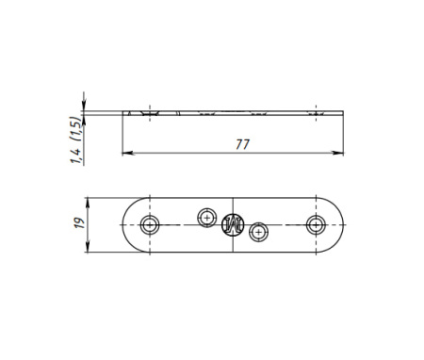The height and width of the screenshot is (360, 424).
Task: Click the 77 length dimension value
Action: click(242, 144)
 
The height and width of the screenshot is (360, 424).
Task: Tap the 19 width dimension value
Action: click(79, 222)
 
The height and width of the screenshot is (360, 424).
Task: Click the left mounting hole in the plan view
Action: click(150, 225)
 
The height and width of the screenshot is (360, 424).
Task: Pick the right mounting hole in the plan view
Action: click(316, 225)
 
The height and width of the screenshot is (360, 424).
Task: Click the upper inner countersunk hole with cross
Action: click(207, 218)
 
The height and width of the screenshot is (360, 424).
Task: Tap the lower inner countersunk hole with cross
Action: click(258, 233)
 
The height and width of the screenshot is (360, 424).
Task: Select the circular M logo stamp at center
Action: click(233, 225)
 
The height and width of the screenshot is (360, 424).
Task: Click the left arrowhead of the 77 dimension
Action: click(127, 153)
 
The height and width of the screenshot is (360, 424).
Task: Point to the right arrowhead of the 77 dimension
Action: click(338, 153)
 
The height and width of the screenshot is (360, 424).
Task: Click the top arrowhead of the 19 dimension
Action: click(88, 203)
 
